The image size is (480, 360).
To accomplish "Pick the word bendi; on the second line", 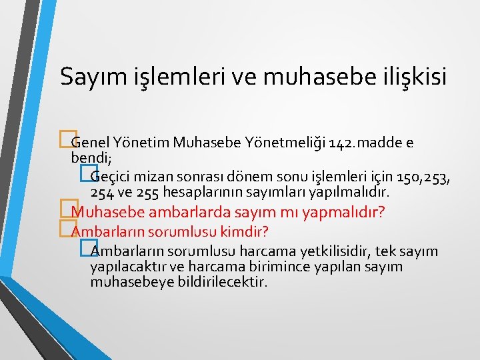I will [x=87, y=158].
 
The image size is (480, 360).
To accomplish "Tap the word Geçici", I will [x=111, y=177].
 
